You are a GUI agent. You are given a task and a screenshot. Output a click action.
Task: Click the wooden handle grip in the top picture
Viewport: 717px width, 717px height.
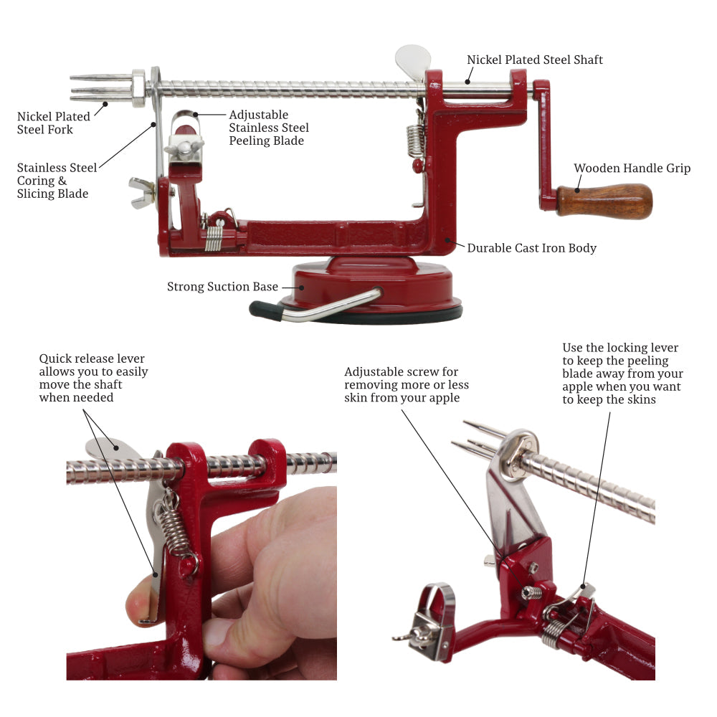[606, 200]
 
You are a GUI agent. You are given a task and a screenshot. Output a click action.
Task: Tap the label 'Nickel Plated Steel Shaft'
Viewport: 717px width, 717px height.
[535, 60]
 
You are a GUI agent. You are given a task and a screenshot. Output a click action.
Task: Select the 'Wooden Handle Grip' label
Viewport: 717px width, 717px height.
[632, 168]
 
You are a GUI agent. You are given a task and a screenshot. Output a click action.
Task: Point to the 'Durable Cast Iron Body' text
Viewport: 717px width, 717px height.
[531, 248]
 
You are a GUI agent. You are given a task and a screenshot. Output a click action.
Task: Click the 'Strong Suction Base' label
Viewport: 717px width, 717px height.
[222, 287]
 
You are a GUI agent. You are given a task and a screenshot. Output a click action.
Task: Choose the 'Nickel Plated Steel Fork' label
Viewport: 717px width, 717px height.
[54, 123]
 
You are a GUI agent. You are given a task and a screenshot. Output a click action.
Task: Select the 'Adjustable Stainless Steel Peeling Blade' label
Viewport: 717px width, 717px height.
[269, 128]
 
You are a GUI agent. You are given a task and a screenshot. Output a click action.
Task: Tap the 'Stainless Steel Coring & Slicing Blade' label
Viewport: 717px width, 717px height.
[57, 181]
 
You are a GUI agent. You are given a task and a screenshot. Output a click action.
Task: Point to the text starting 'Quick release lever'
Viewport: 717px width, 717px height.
[93, 378]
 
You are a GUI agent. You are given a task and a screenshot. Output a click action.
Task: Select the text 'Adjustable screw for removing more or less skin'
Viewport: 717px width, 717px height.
[407, 384]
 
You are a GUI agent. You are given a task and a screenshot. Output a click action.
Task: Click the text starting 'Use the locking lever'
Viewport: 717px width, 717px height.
[622, 374]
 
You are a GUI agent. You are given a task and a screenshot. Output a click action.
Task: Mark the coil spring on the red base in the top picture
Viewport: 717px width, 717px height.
[214, 235]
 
